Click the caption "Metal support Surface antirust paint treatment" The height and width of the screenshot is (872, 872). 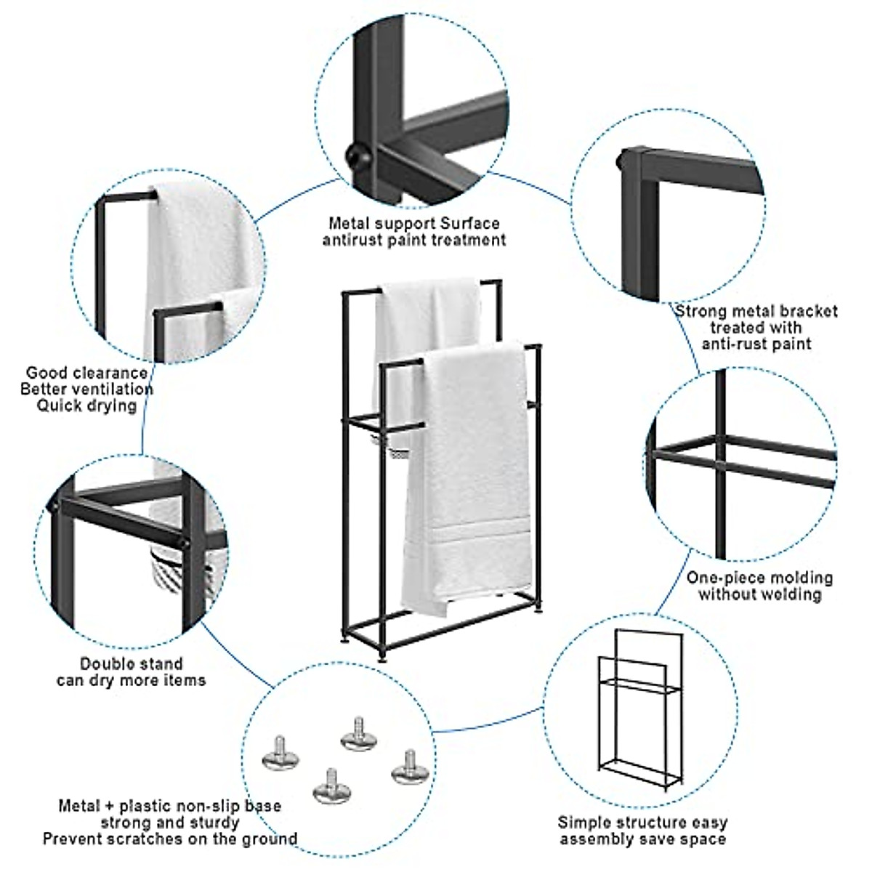(414, 231)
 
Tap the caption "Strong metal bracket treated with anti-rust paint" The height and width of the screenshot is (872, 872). (756, 327)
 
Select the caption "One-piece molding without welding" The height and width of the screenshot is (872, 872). (759, 586)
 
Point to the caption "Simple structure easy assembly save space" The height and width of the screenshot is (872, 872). (642, 831)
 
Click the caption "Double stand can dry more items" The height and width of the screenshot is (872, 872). (132, 671)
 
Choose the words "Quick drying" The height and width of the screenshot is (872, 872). (86, 405)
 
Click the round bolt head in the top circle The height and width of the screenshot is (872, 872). (356, 155)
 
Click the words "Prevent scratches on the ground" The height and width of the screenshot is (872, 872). (170, 839)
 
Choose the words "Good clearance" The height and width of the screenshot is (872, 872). (86, 374)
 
